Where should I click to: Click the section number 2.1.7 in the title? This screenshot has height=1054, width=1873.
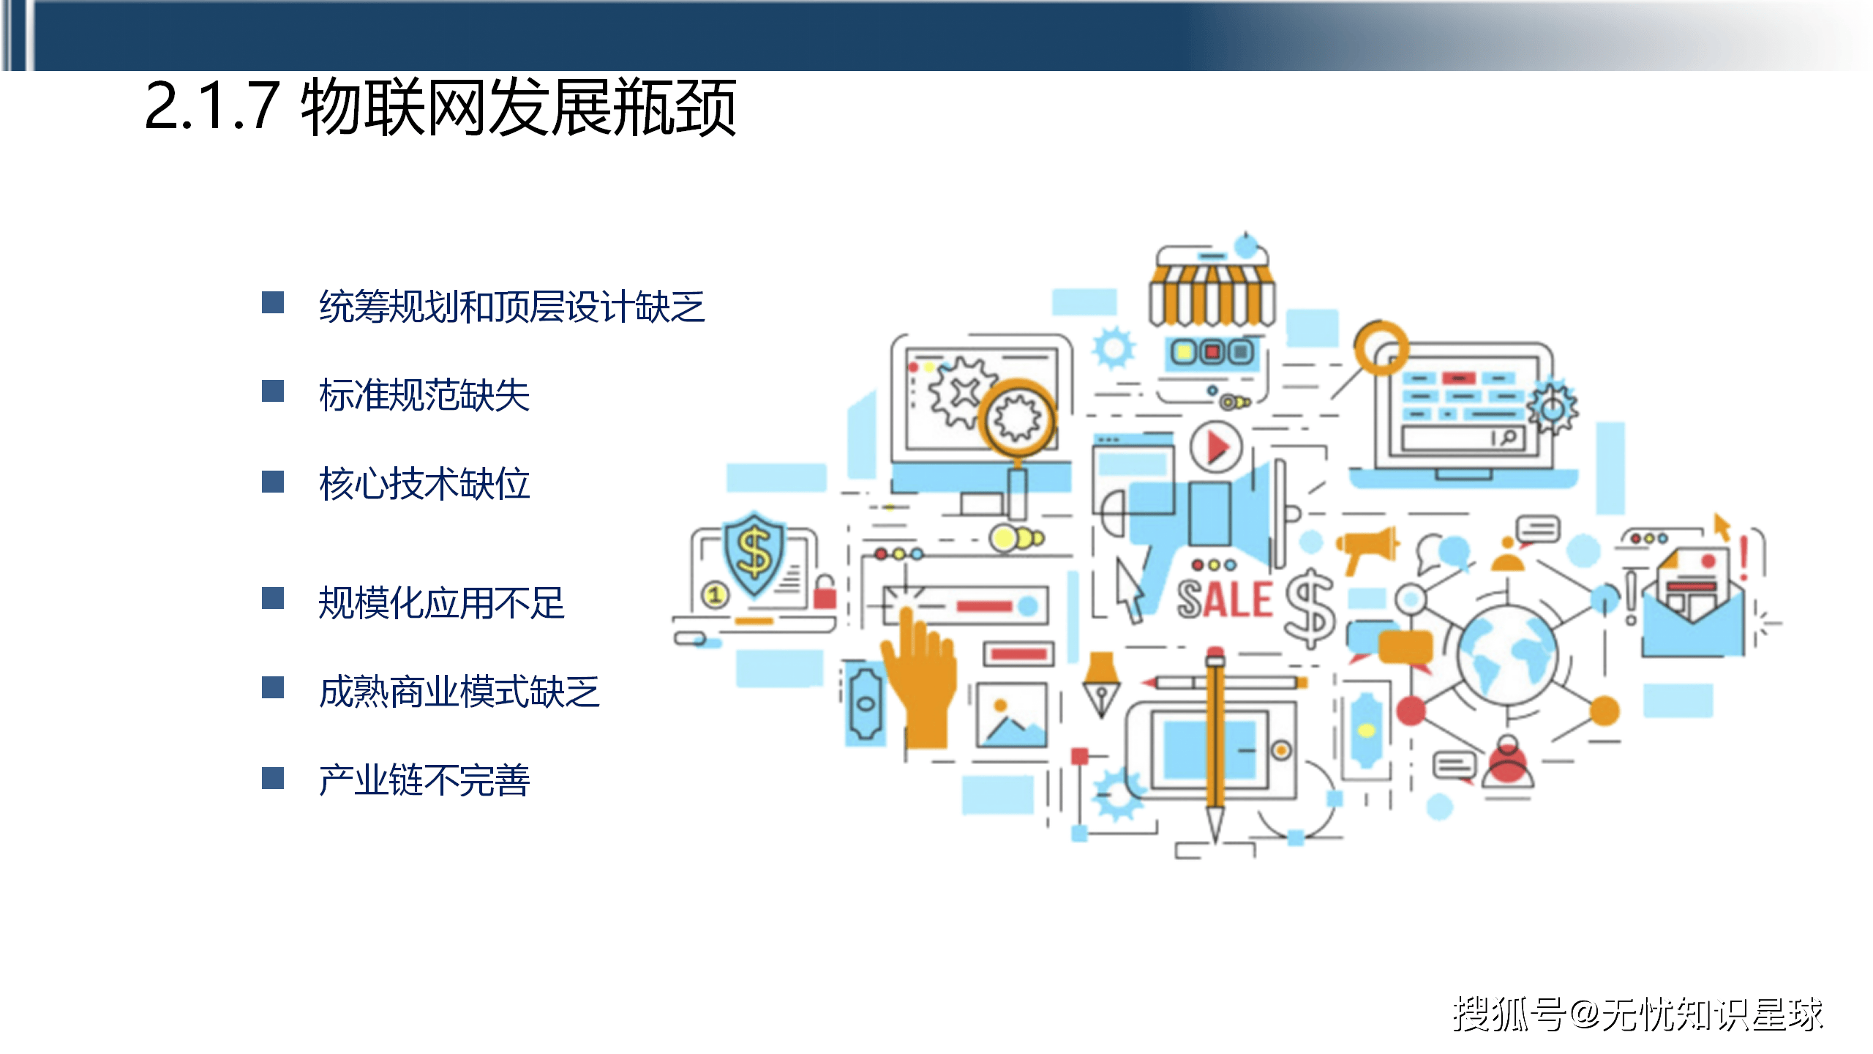212,107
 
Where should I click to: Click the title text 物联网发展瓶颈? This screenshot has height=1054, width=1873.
518,108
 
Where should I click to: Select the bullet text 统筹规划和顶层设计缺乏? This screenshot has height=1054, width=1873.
511,307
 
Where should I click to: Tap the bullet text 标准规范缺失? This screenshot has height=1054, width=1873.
424,395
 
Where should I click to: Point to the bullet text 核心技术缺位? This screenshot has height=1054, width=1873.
424,484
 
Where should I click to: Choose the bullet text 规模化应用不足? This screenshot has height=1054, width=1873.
441,603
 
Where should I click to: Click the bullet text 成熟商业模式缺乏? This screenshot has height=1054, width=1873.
459,692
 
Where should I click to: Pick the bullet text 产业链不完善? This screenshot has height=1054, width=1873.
424,780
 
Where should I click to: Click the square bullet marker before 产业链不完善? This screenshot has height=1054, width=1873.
273,778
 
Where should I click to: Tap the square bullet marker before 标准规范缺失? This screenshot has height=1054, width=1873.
273,392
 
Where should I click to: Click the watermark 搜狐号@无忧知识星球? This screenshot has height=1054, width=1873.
1637,1014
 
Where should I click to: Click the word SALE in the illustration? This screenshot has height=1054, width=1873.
1224,599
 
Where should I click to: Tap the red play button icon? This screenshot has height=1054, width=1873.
1215,446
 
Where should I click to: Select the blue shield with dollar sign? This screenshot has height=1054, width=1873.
754,554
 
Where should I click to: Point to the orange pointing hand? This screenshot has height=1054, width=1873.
920,681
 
